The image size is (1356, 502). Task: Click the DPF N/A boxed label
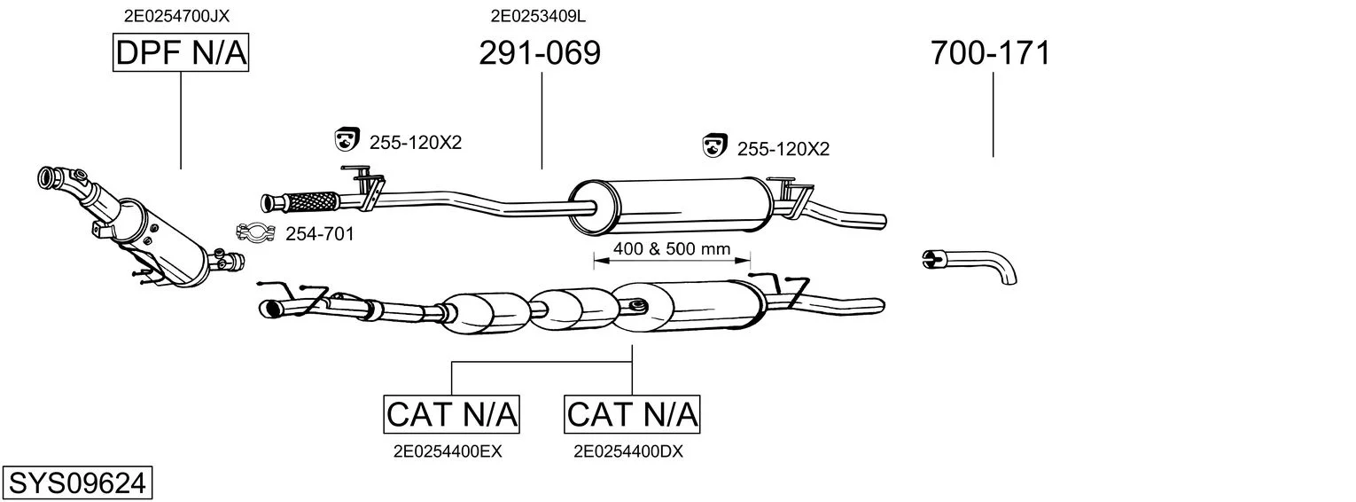(x=181, y=53)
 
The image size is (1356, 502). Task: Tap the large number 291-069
(x=540, y=53)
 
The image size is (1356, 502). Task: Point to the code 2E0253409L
(x=538, y=15)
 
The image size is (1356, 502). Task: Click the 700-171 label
(x=991, y=53)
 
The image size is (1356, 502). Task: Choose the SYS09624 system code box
(x=76, y=483)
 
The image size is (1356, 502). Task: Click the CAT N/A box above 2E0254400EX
(x=452, y=414)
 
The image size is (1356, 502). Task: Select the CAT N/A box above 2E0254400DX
(x=632, y=414)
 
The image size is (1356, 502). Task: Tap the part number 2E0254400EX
(x=448, y=451)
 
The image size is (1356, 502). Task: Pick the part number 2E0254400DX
(x=628, y=451)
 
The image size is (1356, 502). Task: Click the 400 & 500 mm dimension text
(x=672, y=249)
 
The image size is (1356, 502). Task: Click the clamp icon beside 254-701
(x=253, y=233)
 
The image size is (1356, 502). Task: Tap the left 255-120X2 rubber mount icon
(x=346, y=139)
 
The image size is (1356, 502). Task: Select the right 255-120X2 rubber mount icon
(x=714, y=145)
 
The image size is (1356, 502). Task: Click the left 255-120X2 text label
(x=416, y=141)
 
